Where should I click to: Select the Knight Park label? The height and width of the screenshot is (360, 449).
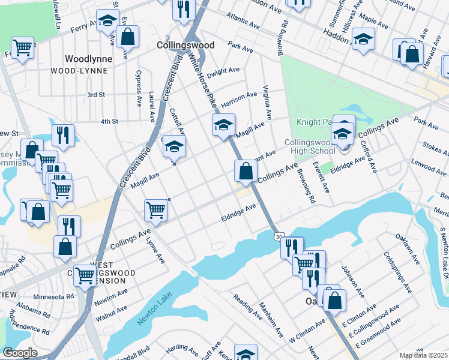tap(314, 122)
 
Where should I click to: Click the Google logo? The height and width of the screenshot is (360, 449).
tap(19, 353)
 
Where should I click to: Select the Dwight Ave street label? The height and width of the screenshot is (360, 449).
tap(223, 71)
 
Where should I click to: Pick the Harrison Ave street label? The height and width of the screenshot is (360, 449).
tap(238, 100)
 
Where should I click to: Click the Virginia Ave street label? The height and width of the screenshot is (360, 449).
tap(267, 101)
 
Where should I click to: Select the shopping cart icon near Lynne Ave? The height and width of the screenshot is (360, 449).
tap(155, 210)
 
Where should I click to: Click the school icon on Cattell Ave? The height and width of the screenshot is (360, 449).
tap(174, 146)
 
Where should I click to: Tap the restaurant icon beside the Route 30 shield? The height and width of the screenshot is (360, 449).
tap(292, 247)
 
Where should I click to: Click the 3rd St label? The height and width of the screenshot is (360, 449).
tap(96, 95)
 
